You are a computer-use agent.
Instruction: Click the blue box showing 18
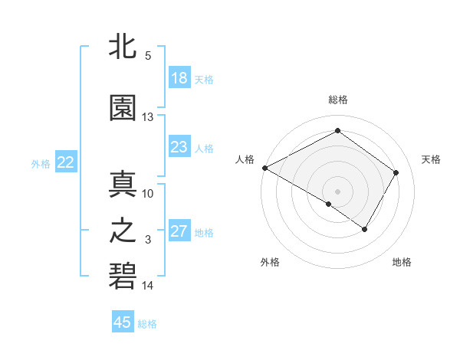pyautogui.click(x=179, y=78)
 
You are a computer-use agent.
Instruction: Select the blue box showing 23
pyautogui.click(x=179, y=147)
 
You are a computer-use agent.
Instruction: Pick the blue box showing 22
pyautogui.click(x=65, y=162)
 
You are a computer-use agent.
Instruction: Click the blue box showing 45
pyautogui.click(x=123, y=322)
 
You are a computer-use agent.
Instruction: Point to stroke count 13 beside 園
pyautogui.click(x=148, y=117)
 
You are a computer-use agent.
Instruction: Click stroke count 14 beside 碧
pyautogui.click(x=148, y=286)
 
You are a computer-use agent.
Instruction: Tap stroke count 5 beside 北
pyautogui.click(x=148, y=56)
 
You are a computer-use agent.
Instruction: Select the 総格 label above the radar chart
pyautogui.click(x=337, y=100)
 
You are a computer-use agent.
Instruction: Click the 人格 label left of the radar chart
pyautogui.click(x=245, y=159)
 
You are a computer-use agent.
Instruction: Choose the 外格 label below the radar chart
pyautogui.click(x=270, y=262)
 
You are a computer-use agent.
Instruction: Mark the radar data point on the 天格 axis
pyautogui.click(x=396, y=172)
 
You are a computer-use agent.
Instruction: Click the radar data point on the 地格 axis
pyautogui.click(x=365, y=229)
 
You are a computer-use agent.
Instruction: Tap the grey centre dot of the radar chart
pyautogui.click(x=337, y=191)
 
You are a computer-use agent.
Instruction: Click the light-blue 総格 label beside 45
pyautogui.click(x=147, y=324)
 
